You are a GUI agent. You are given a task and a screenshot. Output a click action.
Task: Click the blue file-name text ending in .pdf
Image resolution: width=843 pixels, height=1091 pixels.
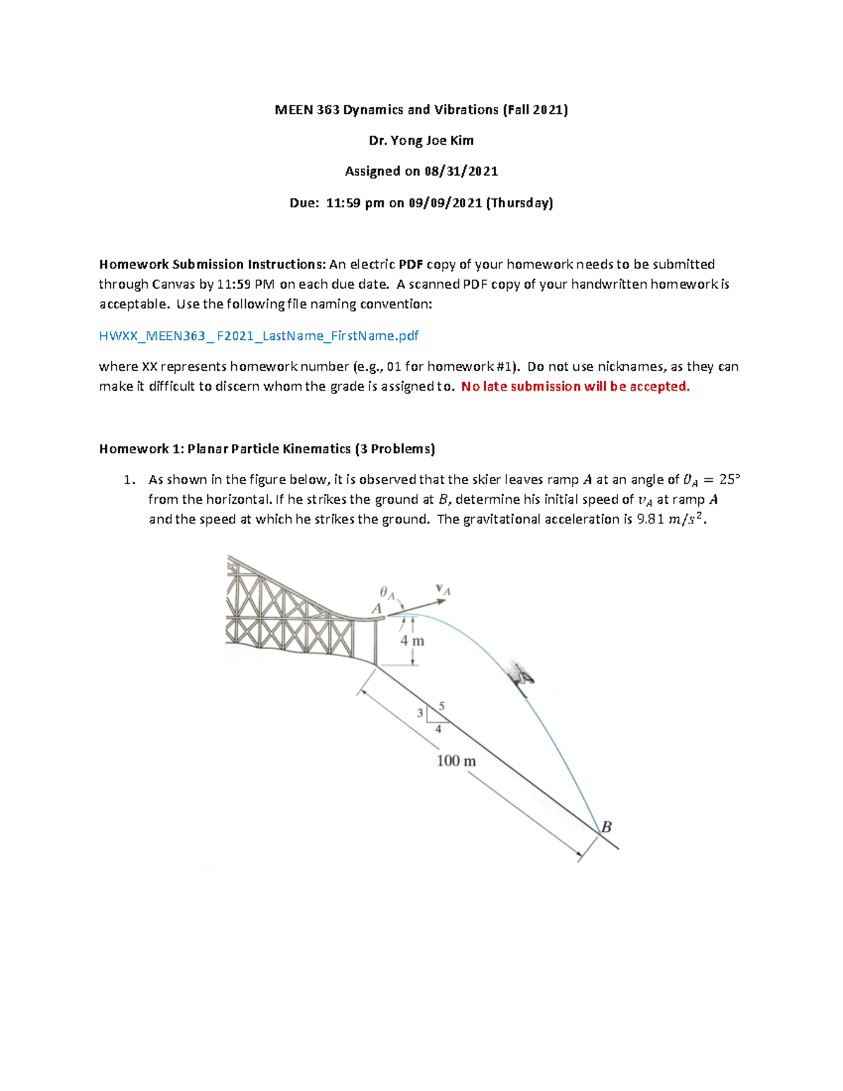pos(259,336)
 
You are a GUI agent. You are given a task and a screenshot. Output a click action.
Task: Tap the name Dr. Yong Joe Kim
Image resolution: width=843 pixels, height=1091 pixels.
pos(421,141)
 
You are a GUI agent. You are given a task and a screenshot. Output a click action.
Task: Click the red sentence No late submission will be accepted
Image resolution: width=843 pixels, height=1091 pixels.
pos(575,386)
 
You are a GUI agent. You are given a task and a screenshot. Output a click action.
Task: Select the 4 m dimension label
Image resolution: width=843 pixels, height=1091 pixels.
pos(412,641)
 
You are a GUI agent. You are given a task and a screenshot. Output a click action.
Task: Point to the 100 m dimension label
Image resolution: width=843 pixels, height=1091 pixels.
pos(456,761)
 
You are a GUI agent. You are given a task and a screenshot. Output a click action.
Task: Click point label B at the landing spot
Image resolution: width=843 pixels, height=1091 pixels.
pos(606,827)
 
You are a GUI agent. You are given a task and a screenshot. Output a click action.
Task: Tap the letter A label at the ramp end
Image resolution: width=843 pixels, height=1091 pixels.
pos(377,608)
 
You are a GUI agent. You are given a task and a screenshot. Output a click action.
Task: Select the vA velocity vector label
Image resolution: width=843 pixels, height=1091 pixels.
pos(443,589)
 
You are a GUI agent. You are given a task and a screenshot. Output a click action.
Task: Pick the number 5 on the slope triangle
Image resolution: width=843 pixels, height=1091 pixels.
pos(441,705)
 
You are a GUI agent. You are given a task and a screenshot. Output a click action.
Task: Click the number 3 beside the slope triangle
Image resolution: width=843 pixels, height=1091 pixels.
pos(420,713)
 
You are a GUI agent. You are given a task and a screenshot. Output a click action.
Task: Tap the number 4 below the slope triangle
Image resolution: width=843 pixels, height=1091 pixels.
pos(438,729)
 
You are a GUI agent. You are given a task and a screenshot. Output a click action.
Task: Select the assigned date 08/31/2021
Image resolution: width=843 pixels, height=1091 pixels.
pos(461,171)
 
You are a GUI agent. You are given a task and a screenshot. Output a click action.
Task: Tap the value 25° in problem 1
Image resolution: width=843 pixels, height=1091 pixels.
pos(730,480)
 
